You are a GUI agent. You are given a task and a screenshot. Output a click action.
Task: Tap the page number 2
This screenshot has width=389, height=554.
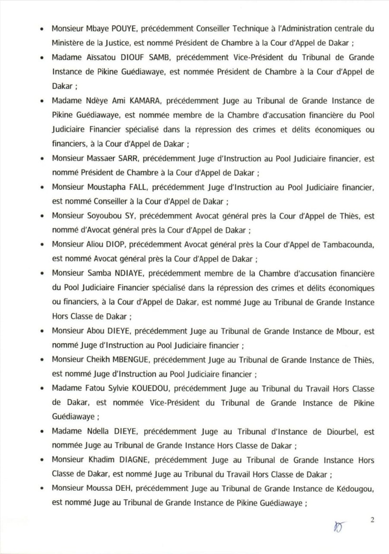pyautogui.click(x=373, y=520)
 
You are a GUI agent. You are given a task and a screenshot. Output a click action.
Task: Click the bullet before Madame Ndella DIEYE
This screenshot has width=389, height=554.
pyautogui.click(x=42, y=432)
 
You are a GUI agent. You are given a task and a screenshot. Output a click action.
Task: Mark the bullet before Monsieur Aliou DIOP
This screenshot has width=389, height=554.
pyautogui.click(x=42, y=247)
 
